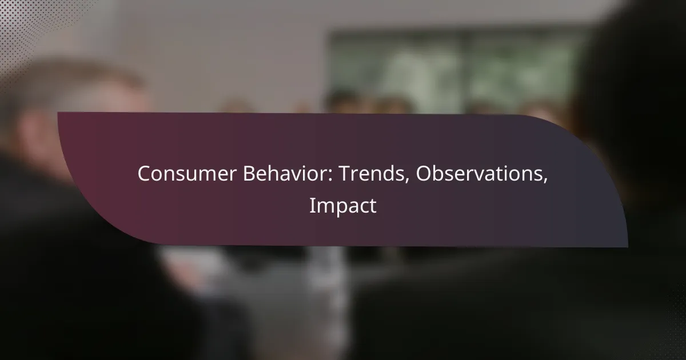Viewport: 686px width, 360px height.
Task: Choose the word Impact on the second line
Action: pyautogui.click(x=342, y=206)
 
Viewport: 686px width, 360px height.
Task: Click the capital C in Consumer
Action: pyautogui.click(x=144, y=174)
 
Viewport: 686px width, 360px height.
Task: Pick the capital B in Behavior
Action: pyautogui.click(x=249, y=174)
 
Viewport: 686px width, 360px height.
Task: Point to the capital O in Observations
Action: pyautogui.click(x=424, y=174)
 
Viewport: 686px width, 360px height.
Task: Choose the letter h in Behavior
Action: pyautogui.click(x=274, y=173)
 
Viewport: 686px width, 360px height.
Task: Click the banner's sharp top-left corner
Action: pyautogui.click(x=58, y=112)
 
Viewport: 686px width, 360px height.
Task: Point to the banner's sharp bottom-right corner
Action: pyautogui.click(x=628, y=247)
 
